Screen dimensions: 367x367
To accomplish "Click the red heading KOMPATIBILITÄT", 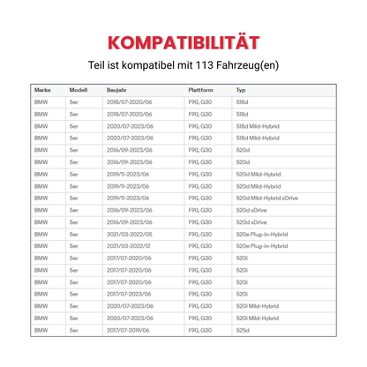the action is pos(183,41).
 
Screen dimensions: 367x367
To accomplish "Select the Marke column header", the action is pos(42,91).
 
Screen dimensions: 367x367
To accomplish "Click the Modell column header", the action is pos(79,91).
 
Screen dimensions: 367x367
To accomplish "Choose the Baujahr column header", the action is pos(118,91).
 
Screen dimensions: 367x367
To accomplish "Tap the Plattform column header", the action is pos(201,91).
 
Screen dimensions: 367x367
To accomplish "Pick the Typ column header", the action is pos(240,91).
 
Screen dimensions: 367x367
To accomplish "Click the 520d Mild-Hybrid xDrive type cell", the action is pos(267,198).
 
